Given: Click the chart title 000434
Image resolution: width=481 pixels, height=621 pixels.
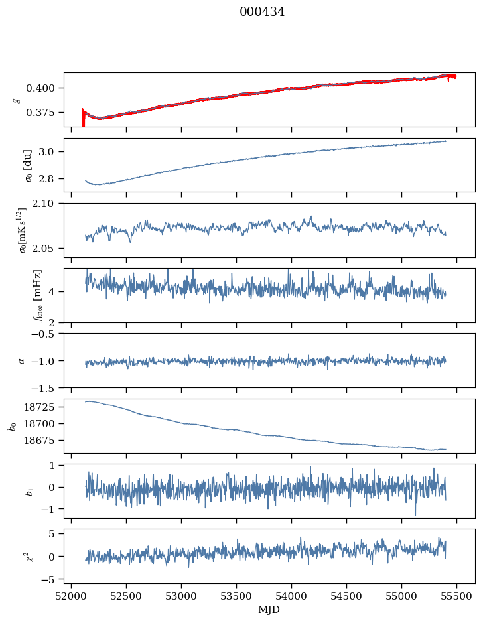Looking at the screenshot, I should pos(262,12).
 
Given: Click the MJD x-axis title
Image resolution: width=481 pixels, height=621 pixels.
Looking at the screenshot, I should pos(269,610).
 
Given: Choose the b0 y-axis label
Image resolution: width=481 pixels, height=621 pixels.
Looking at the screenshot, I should pos(11,426).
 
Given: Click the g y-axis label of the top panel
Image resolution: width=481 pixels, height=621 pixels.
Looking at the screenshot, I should pos(16,100).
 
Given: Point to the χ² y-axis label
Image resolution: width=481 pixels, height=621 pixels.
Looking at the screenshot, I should pos(16,556).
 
